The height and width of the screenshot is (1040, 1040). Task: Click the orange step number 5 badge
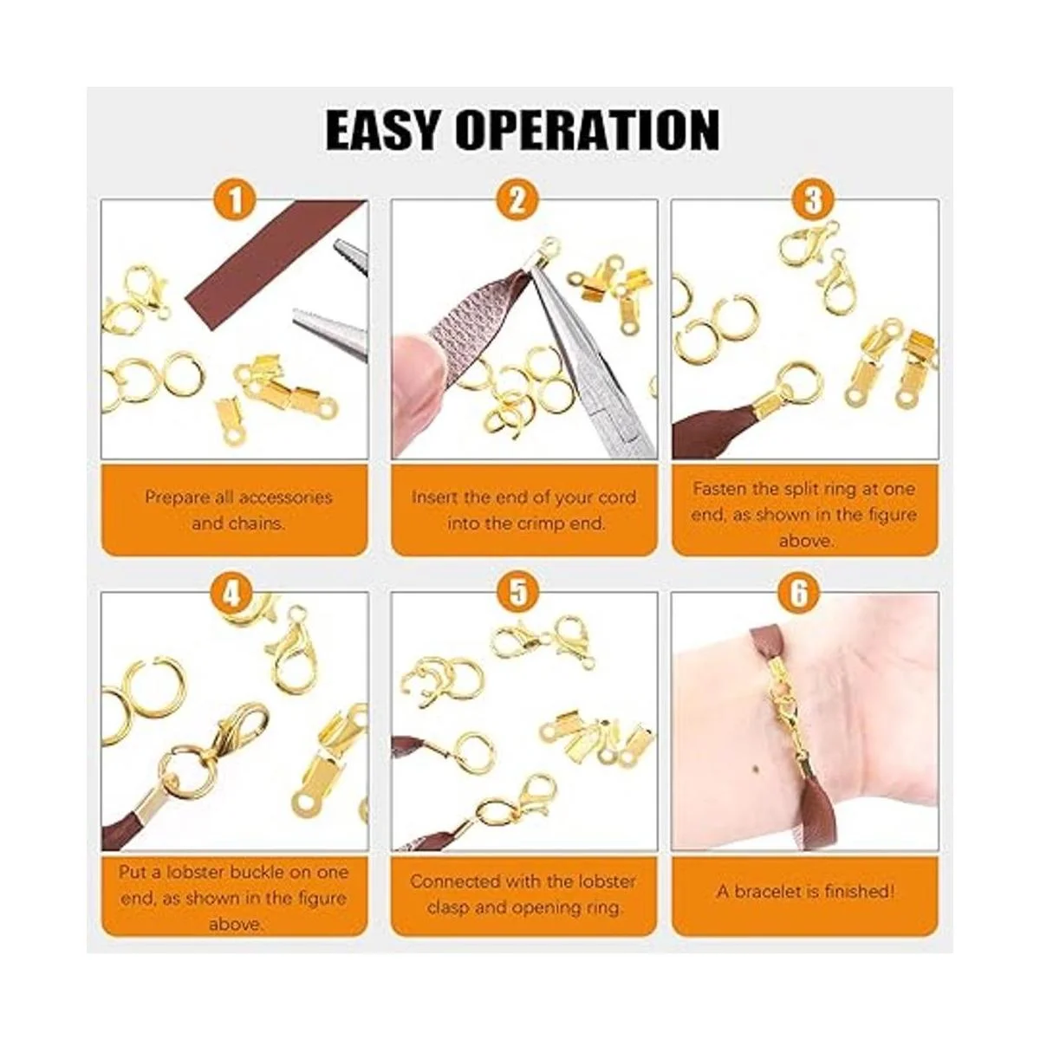[x=518, y=592]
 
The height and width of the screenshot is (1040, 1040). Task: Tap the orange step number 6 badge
[x=800, y=592]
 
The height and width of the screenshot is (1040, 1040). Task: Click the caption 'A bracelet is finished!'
[x=805, y=891]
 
